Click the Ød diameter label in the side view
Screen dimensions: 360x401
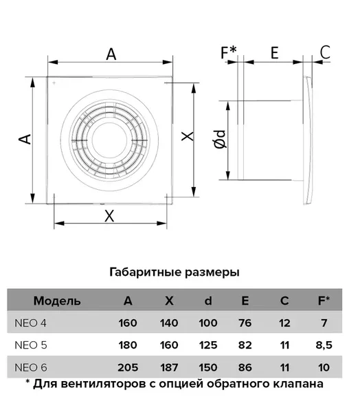tap(221, 139)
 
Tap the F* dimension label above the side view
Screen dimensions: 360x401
tap(228, 52)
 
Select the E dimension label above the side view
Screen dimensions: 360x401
tap(274, 53)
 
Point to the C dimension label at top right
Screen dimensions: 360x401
tap(325, 52)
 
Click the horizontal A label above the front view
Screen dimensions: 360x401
tap(111, 54)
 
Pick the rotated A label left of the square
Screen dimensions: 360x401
tap(25, 139)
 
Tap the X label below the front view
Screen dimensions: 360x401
tap(109, 216)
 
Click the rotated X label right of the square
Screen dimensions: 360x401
tap(188, 136)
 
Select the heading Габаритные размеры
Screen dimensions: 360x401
tap(175, 272)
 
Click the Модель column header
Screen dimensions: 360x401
tap(57, 301)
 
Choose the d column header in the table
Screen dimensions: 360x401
tap(208, 301)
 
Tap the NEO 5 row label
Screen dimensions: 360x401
tap(31, 345)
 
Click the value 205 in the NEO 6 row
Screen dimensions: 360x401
tap(128, 368)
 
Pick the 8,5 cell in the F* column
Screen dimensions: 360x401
tap(324, 345)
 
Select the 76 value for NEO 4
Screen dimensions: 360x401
tap(245, 323)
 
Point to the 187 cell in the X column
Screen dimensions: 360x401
tap(169, 368)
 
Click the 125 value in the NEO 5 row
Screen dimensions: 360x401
tap(208, 345)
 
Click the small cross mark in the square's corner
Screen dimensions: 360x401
tap(54, 83)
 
